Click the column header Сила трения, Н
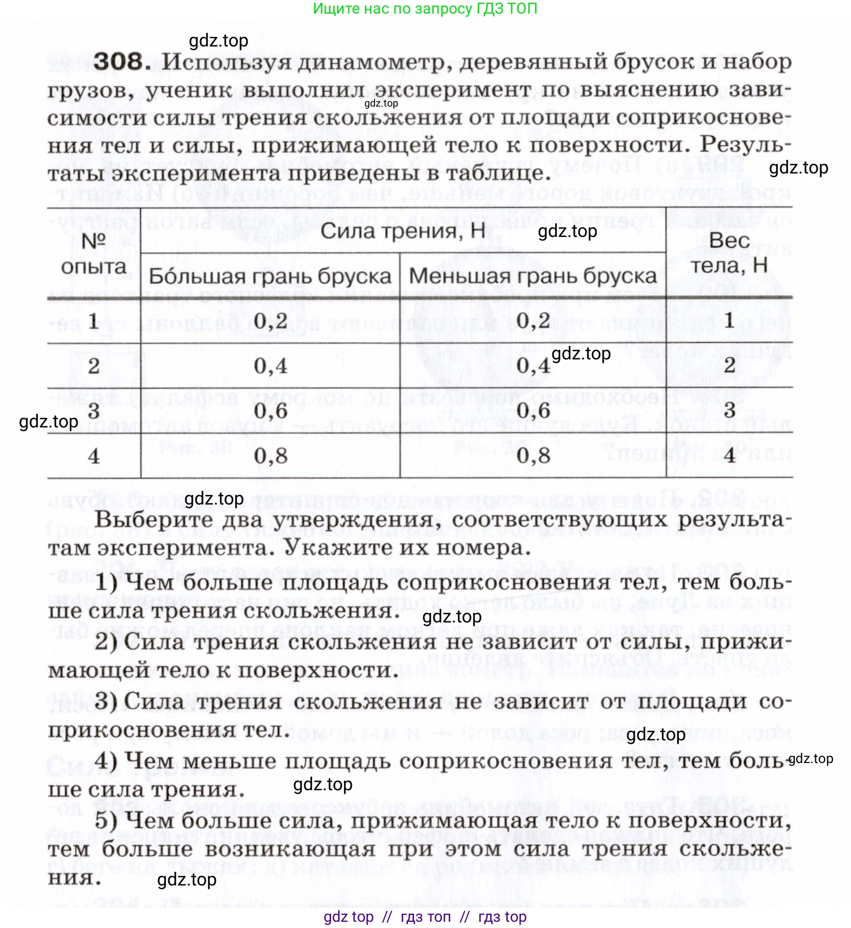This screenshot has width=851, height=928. (403, 231)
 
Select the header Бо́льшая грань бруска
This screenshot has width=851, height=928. (270, 276)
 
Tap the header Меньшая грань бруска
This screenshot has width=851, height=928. (533, 276)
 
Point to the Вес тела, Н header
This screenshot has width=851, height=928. (729, 252)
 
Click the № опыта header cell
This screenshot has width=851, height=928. (93, 253)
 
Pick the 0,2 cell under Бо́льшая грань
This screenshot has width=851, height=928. (270, 321)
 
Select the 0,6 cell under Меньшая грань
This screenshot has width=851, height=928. (533, 410)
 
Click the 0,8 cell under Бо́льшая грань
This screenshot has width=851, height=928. (270, 455)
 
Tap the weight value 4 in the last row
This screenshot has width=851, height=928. (729, 455)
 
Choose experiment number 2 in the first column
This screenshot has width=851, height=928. (93, 366)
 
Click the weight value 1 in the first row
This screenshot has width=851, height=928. (729, 321)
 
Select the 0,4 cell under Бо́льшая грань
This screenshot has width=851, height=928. (270, 366)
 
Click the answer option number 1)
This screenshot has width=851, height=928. (107, 582)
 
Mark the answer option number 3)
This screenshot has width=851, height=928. (107, 701)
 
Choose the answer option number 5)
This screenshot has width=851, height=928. (107, 820)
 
